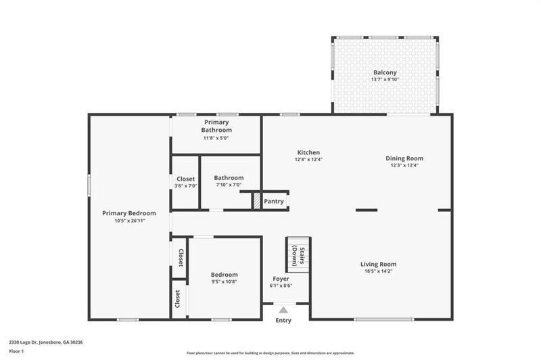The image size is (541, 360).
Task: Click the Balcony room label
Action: pyautogui.click(x=385, y=72)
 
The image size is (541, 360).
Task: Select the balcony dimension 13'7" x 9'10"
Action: pyautogui.click(x=385, y=79)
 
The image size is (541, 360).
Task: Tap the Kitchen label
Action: pyautogui.click(x=308, y=152)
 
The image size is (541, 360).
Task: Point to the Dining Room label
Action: pyautogui.click(x=404, y=158)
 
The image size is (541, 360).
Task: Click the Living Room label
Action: pyautogui.click(x=378, y=264)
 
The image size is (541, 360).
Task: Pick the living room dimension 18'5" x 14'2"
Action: pyautogui.click(x=378, y=271)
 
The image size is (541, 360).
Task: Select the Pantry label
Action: pyautogui.click(x=274, y=201)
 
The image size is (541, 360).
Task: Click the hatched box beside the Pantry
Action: pyautogui.click(x=257, y=201)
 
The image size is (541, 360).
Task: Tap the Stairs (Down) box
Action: pyautogui.click(x=298, y=254)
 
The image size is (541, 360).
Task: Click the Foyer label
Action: pyautogui.click(x=281, y=279)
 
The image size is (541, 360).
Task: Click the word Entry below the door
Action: pyautogui.click(x=283, y=320)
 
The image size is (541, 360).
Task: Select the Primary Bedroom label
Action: pyautogui.click(x=129, y=213)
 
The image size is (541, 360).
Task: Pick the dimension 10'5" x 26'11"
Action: pyautogui.click(x=129, y=221)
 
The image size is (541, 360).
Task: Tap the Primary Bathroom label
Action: pyautogui.click(x=216, y=127)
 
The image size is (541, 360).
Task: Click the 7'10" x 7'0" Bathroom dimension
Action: pyautogui.click(x=229, y=185)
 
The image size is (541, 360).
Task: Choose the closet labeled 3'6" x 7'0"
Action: pyautogui.click(x=184, y=183)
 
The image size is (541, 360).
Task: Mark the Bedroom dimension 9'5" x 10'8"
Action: pyautogui.click(x=225, y=282)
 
